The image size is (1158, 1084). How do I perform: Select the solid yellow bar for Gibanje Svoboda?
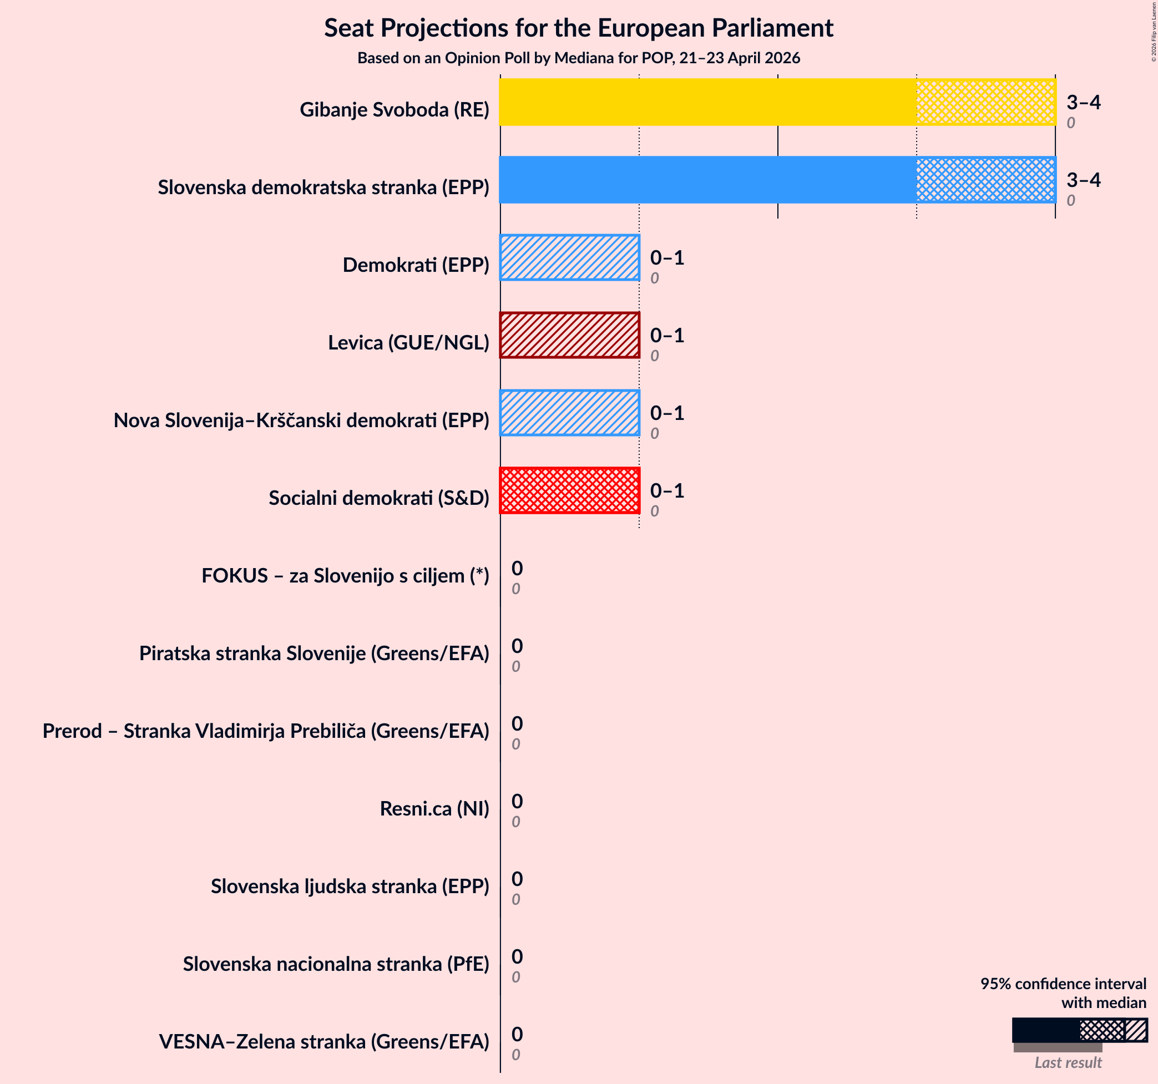[708, 102]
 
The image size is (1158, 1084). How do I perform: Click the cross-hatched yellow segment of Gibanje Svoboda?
[985, 102]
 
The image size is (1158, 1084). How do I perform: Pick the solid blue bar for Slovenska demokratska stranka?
[708, 179]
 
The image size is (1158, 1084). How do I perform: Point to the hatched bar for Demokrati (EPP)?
[570, 257]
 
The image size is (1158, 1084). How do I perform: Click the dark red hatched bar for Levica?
[570, 335]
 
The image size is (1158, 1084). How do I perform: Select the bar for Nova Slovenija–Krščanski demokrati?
[570, 412]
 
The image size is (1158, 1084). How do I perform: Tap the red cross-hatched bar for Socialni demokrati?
[570, 490]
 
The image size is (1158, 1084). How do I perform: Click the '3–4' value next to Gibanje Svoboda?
[1084, 102]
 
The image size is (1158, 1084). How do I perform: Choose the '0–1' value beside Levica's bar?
[667, 335]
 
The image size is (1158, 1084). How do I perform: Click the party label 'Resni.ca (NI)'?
[434, 808]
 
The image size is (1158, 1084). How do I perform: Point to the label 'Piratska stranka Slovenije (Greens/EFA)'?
[314, 653]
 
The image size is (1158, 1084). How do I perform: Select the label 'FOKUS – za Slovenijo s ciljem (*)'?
[346, 575]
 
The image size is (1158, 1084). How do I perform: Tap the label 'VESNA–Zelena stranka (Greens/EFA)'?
[324, 1041]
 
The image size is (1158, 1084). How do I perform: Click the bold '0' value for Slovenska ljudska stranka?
[517, 879]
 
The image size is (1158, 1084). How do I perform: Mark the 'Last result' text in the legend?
[1068, 1062]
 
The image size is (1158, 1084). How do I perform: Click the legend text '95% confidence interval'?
[1063, 983]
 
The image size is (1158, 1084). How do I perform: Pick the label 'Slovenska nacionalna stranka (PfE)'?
[336, 964]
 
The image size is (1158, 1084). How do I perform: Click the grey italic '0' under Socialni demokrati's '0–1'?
[655, 511]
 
